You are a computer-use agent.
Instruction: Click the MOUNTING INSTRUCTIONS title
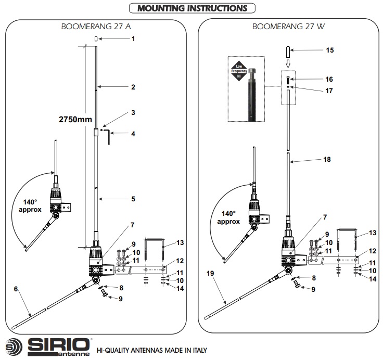coord(192,8)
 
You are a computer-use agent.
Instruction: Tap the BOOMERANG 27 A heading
coord(96,27)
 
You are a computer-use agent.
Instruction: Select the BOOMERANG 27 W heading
coord(288,27)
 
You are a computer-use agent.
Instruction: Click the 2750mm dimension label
coord(75,120)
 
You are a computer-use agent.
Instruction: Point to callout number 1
coord(133,38)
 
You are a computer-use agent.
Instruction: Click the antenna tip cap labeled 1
coord(96,38)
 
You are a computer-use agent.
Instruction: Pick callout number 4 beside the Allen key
coord(133,134)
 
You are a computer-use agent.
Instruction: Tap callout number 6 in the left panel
coord(16,289)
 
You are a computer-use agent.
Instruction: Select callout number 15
coord(330,50)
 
